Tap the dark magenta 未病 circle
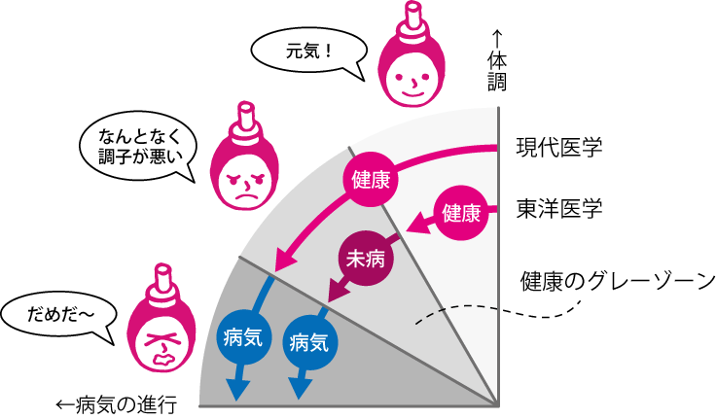[364, 259]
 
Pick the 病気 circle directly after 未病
[310, 341]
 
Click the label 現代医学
[559, 149]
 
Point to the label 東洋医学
[559, 207]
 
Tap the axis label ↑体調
[497, 64]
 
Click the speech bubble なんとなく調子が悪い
[135, 148]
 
